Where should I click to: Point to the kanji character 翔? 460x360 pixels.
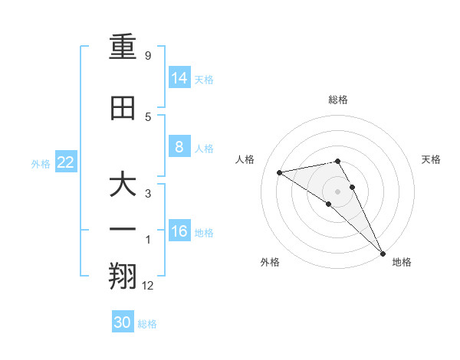pyautogui.click(x=123, y=273)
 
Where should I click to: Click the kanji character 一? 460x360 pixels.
pyautogui.click(x=123, y=229)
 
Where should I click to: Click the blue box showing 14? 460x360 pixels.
pyautogui.click(x=179, y=77)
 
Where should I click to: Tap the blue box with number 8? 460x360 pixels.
pyautogui.click(x=179, y=147)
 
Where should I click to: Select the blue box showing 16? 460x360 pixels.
pyautogui.click(x=179, y=231)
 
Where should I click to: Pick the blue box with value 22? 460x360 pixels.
pyautogui.click(x=66, y=162)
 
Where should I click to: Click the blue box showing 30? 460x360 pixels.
pyautogui.click(x=123, y=322)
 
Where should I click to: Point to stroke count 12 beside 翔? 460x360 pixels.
pyautogui.click(x=148, y=286)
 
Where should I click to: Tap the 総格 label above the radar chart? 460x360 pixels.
pyautogui.click(x=338, y=100)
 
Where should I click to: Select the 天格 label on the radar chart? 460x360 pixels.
pyautogui.click(x=431, y=159)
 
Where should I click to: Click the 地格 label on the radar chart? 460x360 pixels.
pyautogui.click(x=402, y=262)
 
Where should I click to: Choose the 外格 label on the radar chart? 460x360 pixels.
pyautogui.click(x=270, y=262)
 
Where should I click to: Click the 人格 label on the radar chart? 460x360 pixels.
pyautogui.click(x=245, y=159)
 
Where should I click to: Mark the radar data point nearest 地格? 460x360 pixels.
pyautogui.click(x=383, y=252)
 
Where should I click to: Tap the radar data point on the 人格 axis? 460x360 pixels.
pyautogui.click(x=280, y=172)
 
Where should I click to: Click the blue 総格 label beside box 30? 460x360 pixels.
pyautogui.click(x=148, y=324)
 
